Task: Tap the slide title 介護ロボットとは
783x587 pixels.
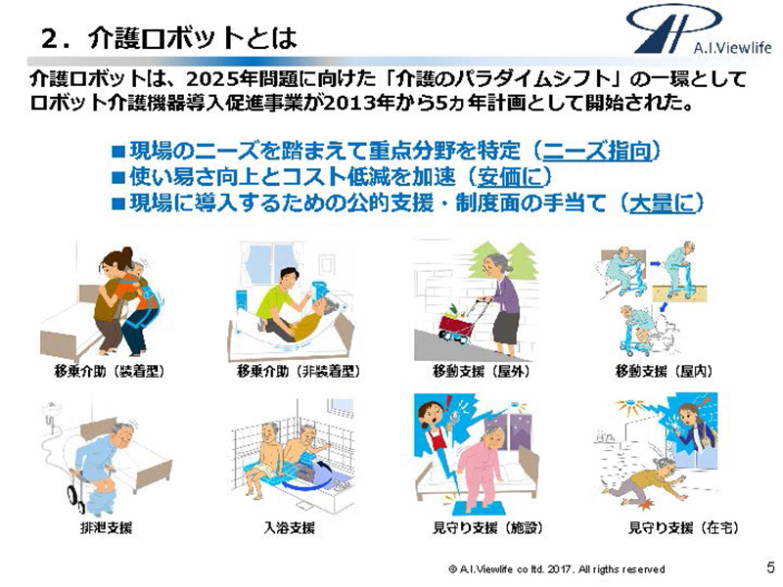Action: (169, 38)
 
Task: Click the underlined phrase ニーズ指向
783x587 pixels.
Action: (597, 151)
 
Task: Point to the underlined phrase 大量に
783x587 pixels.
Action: (662, 203)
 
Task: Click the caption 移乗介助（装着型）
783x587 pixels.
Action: (110, 371)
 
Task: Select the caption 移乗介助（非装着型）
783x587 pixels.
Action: (299, 371)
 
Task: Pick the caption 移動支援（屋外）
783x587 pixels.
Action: (481, 371)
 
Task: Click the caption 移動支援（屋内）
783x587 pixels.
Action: (664, 371)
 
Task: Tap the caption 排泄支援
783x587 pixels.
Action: (106, 527)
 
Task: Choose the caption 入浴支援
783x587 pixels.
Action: (289, 527)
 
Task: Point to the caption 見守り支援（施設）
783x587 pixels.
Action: (487, 527)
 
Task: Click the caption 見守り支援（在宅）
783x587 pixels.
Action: (683, 527)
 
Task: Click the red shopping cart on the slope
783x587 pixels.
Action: (456, 324)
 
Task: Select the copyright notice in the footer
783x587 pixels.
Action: (557, 569)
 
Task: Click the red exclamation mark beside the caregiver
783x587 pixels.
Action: (448, 402)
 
